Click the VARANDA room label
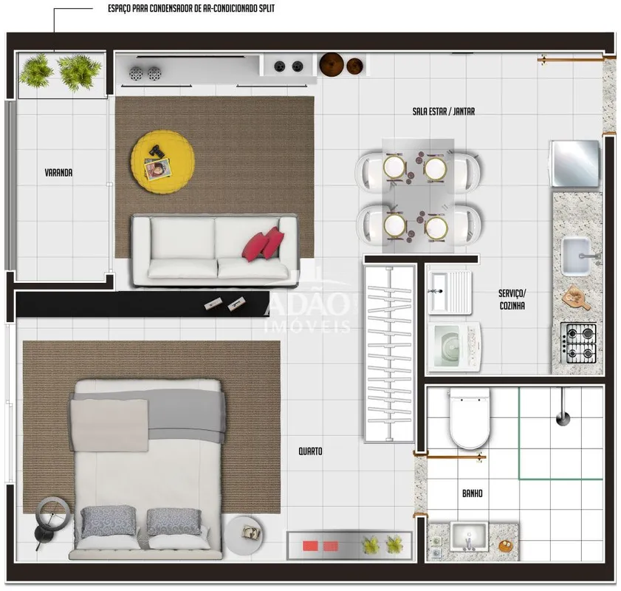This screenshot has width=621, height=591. coord(58,173)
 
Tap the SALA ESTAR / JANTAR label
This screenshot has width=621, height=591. coord(444,112)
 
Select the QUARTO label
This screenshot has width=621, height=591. coord(310,451)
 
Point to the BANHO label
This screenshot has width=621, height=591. coord(473,493)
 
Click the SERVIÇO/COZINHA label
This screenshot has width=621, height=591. coord(512,299)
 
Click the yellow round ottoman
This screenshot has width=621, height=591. coord(162,162)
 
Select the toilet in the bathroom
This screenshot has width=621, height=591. coord(470,418)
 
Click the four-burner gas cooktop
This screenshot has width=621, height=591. coord(578,344)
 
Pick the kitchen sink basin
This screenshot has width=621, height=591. coord(577,256)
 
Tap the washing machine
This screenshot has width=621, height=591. coord(455,347)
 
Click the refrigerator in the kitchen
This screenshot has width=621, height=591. coord(574,163)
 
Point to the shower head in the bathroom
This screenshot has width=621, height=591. coord(563,418)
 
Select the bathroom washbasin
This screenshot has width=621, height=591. coord(470,537)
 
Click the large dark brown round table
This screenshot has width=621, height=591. coord(332,64)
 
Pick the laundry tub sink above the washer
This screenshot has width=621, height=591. coord(450,293)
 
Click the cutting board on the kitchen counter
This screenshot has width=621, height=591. coord(576,298)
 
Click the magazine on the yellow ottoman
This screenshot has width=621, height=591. coord(157,169)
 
